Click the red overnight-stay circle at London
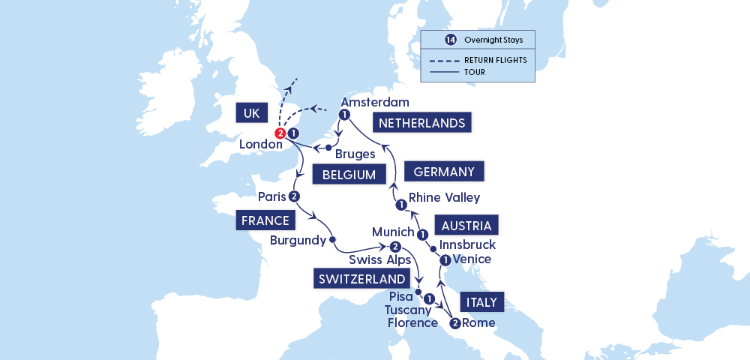click(280, 133)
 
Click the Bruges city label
click(355, 154)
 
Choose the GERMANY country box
click(443, 172)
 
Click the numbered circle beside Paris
click(294, 196)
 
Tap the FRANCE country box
click(265, 220)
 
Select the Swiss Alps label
click(380, 260)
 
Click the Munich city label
click(392, 232)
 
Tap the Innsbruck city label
click(468, 245)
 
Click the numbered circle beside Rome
click(454, 324)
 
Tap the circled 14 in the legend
click(430, 39)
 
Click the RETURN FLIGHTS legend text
click(495, 59)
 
